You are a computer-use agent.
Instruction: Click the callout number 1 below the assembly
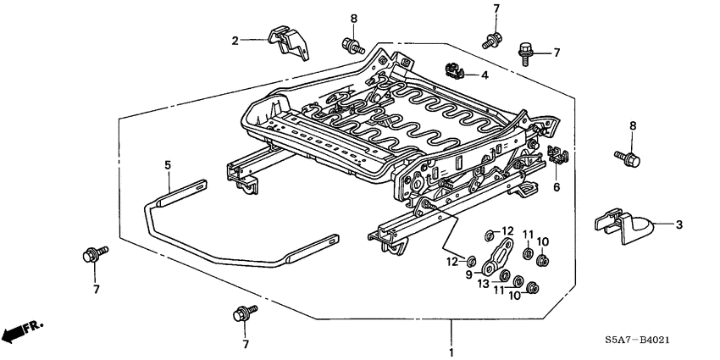coord(451,352)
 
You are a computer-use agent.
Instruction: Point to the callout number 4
coord(484,75)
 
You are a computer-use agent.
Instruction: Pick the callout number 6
coord(557,188)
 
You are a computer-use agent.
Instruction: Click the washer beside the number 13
coord(504,277)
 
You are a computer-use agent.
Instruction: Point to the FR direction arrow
coord(21,332)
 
